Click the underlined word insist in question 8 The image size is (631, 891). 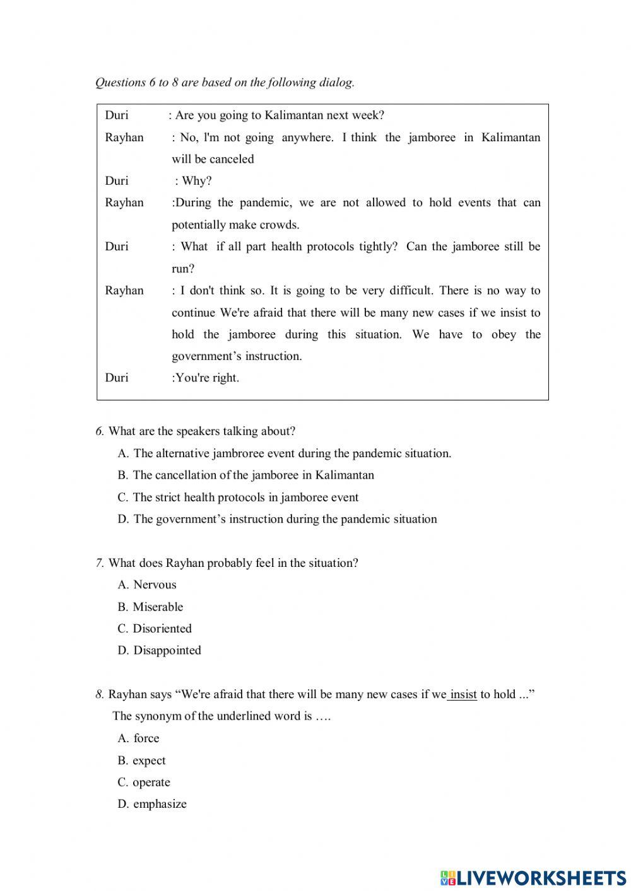(x=463, y=694)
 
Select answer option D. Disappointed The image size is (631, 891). (x=159, y=650)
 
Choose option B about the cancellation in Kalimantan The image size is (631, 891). (x=245, y=475)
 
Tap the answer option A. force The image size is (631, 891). (x=138, y=738)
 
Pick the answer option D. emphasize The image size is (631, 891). (x=152, y=804)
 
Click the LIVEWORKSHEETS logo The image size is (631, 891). (x=533, y=877)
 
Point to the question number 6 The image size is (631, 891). (x=99, y=431)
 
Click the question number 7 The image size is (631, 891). (x=99, y=563)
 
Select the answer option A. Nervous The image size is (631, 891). (x=147, y=585)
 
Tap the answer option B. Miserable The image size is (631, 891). (x=150, y=607)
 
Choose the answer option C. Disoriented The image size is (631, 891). (x=155, y=628)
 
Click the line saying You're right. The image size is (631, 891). (x=206, y=378)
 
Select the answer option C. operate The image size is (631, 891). (x=144, y=782)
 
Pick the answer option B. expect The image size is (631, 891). (x=142, y=760)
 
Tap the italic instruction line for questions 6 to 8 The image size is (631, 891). (x=225, y=82)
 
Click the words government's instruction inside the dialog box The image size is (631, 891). (x=237, y=356)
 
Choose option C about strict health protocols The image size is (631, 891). (x=238, y=497)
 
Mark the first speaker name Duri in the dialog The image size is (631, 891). (x=117, y=115)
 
